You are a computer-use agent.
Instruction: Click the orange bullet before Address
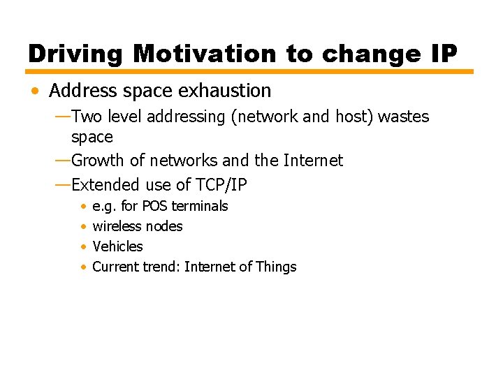pyautogui.click(x=36, y=91)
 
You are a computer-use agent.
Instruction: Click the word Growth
pyautogui.click(x=99, y=161)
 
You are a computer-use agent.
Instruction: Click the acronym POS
pyautogui.click(x=155, y=206)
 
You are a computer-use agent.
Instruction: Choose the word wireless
pyautogui.click(x=116, y=226)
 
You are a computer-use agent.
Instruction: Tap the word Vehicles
pyautogui.click(x=117, y=246)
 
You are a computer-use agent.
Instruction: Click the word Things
pyautogui.click(x=276, y=267)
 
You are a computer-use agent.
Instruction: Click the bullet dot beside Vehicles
pyautogui.click(x=83, y=247)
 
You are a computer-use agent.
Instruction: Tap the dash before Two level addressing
pyautogui.click(x=62, y=116)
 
